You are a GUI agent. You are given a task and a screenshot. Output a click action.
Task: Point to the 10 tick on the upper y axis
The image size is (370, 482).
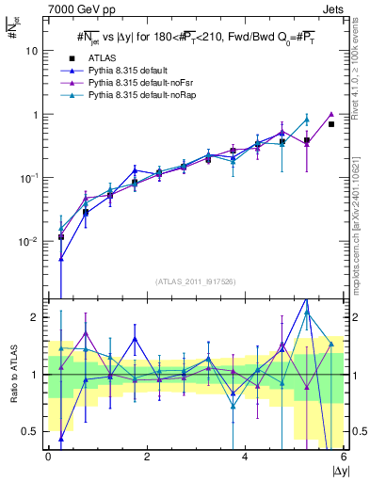[x=35, y=51]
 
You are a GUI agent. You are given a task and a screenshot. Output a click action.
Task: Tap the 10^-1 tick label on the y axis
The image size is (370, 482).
[x=31, y=177]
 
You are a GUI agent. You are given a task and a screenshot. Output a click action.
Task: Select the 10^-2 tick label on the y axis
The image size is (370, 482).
[x=31, y=241]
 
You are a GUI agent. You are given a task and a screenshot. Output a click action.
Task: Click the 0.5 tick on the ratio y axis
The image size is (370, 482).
[x=32, y=431]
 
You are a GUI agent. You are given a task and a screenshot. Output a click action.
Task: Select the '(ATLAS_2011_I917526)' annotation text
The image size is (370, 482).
[x=196, y=281]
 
